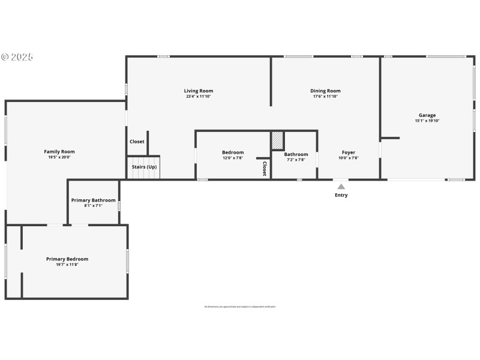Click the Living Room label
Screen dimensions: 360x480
pos(198,91)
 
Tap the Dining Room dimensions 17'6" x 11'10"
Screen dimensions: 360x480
pos(325,97)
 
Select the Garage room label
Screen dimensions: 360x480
pos(427,115)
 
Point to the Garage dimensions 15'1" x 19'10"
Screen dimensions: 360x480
pos(427,121)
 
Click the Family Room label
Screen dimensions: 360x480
pos(59,152)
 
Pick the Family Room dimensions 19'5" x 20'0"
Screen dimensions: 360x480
pos(59,157)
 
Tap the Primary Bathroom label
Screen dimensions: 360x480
pos(93,200)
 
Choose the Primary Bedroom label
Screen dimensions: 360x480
pos(67,259)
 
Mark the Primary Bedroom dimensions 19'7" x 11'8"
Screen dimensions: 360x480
pos(67,265)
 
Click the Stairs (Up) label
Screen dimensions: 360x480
pos(144,167)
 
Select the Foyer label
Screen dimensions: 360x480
pos(349,153)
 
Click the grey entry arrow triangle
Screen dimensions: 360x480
pos(341,187)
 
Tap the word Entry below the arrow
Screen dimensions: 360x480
pos(341,195)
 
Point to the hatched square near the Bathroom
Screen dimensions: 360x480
pos(277,140)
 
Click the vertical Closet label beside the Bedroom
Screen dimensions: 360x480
pos(264,169)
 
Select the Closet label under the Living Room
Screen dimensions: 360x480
pos(137,142)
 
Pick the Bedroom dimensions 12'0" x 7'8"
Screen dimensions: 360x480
pos(233,158)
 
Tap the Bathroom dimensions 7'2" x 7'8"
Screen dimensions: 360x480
pos(296,160)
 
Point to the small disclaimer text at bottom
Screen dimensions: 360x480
pos(240,307)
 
